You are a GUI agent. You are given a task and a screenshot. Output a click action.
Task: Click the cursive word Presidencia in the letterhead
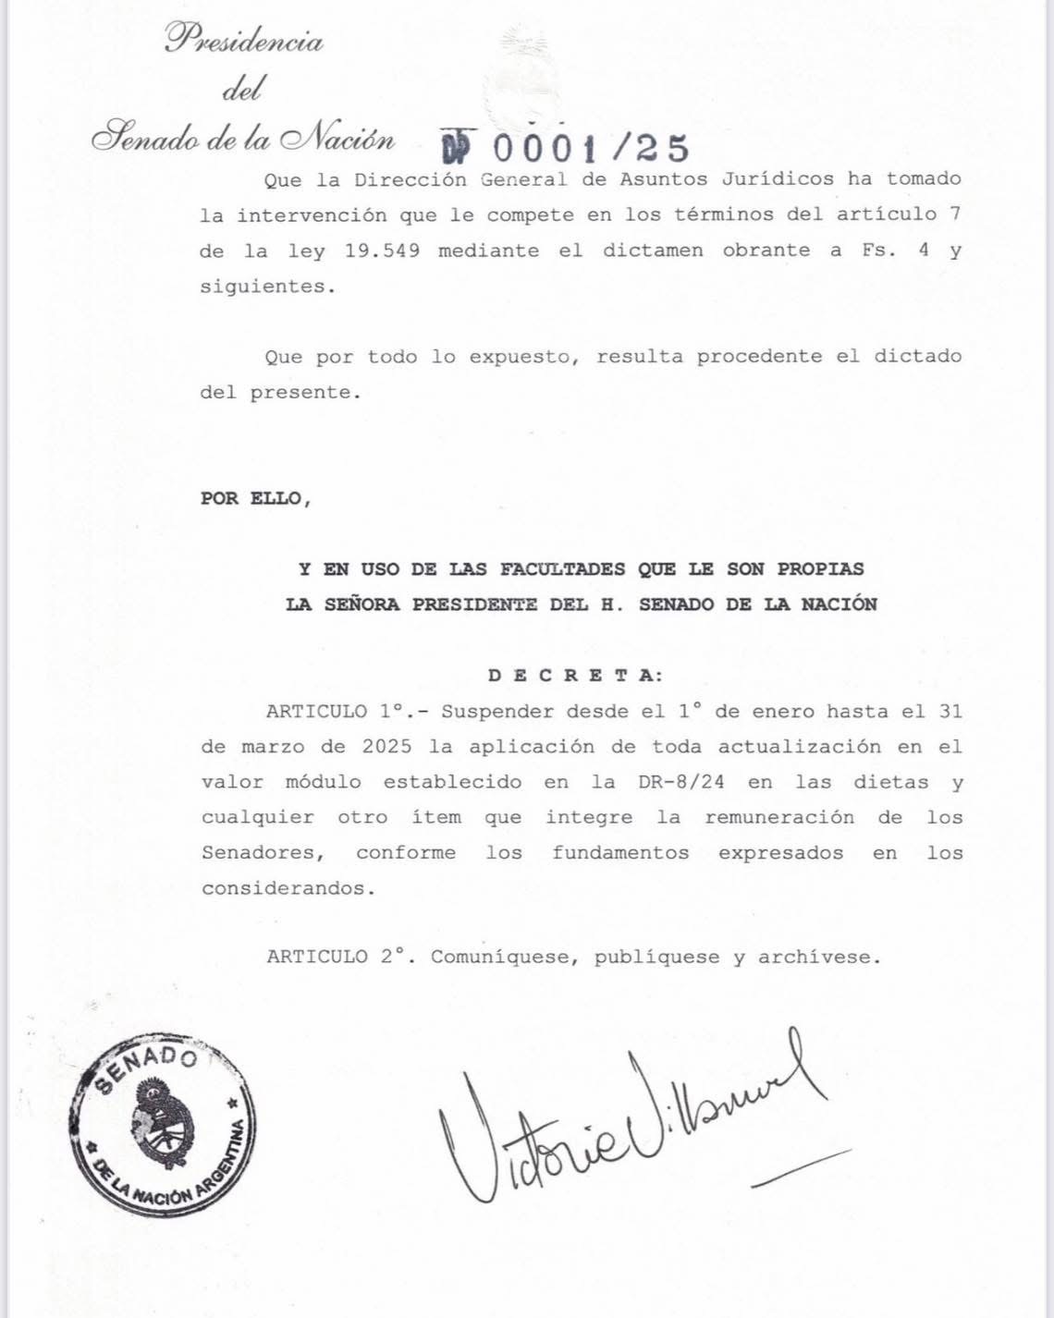point(244,40)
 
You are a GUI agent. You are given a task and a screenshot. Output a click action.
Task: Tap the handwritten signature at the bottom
point(629,1118)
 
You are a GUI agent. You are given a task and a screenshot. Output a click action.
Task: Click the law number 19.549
point(382,250)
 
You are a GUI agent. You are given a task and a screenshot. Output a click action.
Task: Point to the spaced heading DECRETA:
point(575,676)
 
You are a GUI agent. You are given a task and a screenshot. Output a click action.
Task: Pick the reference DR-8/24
point(681,782)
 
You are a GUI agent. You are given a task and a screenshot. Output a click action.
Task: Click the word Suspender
point(496,712)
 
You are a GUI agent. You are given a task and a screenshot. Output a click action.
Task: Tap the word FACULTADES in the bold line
point(562,569)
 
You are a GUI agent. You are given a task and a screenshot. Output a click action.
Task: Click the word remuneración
point(779,817)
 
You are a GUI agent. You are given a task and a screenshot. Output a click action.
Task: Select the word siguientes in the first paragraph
point(263,287)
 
